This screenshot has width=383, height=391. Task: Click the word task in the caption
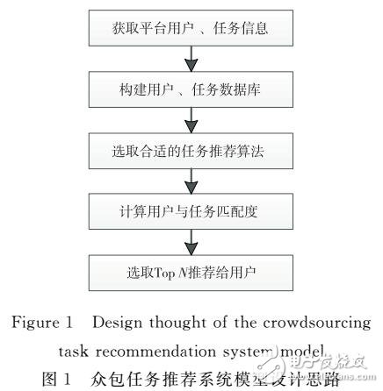coord(76,350)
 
